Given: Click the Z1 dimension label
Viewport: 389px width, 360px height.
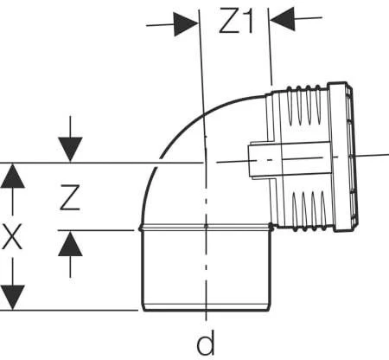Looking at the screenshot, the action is coord(236,21).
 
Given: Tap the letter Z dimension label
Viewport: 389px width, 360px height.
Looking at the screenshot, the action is coord(70,197).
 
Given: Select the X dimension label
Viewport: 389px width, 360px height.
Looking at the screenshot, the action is coord(11,237).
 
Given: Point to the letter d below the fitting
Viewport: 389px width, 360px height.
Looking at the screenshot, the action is coord(206,344).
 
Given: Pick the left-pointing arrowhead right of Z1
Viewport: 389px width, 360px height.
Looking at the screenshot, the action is coord(283,19).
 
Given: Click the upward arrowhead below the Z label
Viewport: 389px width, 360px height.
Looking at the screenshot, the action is coord(70,244).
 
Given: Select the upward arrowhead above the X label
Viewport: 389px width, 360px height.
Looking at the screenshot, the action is coord(12,176).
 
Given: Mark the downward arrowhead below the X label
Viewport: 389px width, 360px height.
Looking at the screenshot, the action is coord(12,298).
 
